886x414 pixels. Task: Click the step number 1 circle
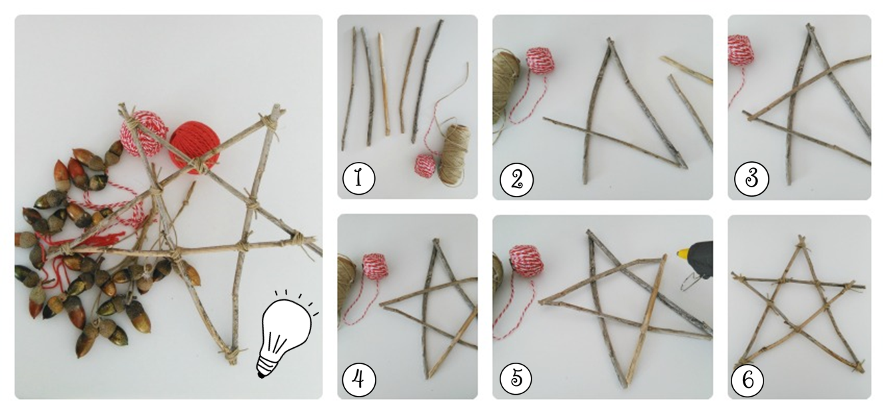click(x=358, y=178)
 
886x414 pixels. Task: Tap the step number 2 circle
click(x=516, y=180)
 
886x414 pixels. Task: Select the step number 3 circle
click(x=751, y=179)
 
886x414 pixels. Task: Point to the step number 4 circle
click(x=358, y=380)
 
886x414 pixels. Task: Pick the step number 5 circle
click(x=516, y=378)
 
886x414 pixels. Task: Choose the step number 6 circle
click(x=747, y=379)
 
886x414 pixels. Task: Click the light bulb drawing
click(x=286, y=333)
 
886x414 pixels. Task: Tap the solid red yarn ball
click(x=195, y=147)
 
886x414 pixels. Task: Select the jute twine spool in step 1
click(x=455, y=155)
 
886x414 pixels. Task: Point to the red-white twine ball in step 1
click(x=425, y=166)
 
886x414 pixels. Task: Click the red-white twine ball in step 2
click(x=540, y=61)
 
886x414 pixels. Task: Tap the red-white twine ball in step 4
click(x=374, y=266)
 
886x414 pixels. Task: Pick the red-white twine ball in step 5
click(x=526, y=260)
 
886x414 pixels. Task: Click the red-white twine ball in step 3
click(x=741, y=50)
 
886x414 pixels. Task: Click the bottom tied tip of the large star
click(x=232, y=355)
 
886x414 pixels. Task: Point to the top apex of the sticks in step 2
click(x=610, y=41)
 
